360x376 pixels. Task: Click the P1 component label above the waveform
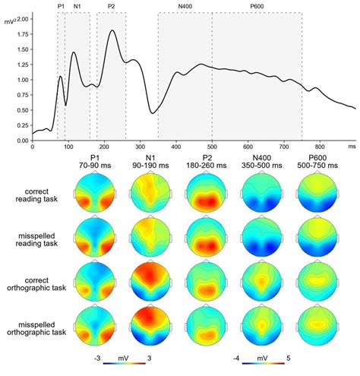[61, 6]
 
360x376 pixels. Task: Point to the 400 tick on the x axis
[175, 147]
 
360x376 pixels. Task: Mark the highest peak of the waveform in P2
[112, 30]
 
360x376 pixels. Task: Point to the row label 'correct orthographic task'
[40, 283]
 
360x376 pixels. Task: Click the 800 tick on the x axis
[319, 147]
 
